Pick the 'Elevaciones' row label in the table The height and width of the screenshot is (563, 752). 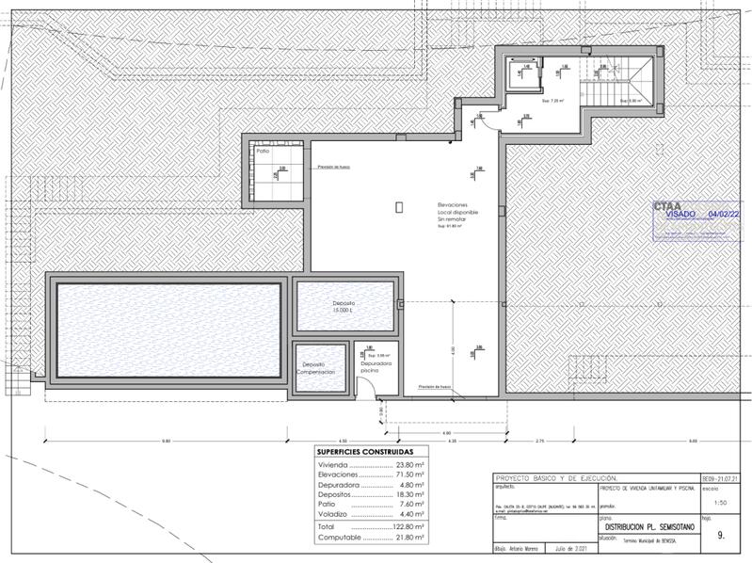340,477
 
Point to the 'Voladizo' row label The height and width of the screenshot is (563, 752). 334,513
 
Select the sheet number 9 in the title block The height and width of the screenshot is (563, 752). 721,535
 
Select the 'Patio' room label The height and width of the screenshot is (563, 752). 263,152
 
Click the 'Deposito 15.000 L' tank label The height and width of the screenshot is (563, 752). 343,306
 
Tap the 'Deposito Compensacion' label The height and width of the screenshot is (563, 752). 314,367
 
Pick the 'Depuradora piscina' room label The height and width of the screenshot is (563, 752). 375,366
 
